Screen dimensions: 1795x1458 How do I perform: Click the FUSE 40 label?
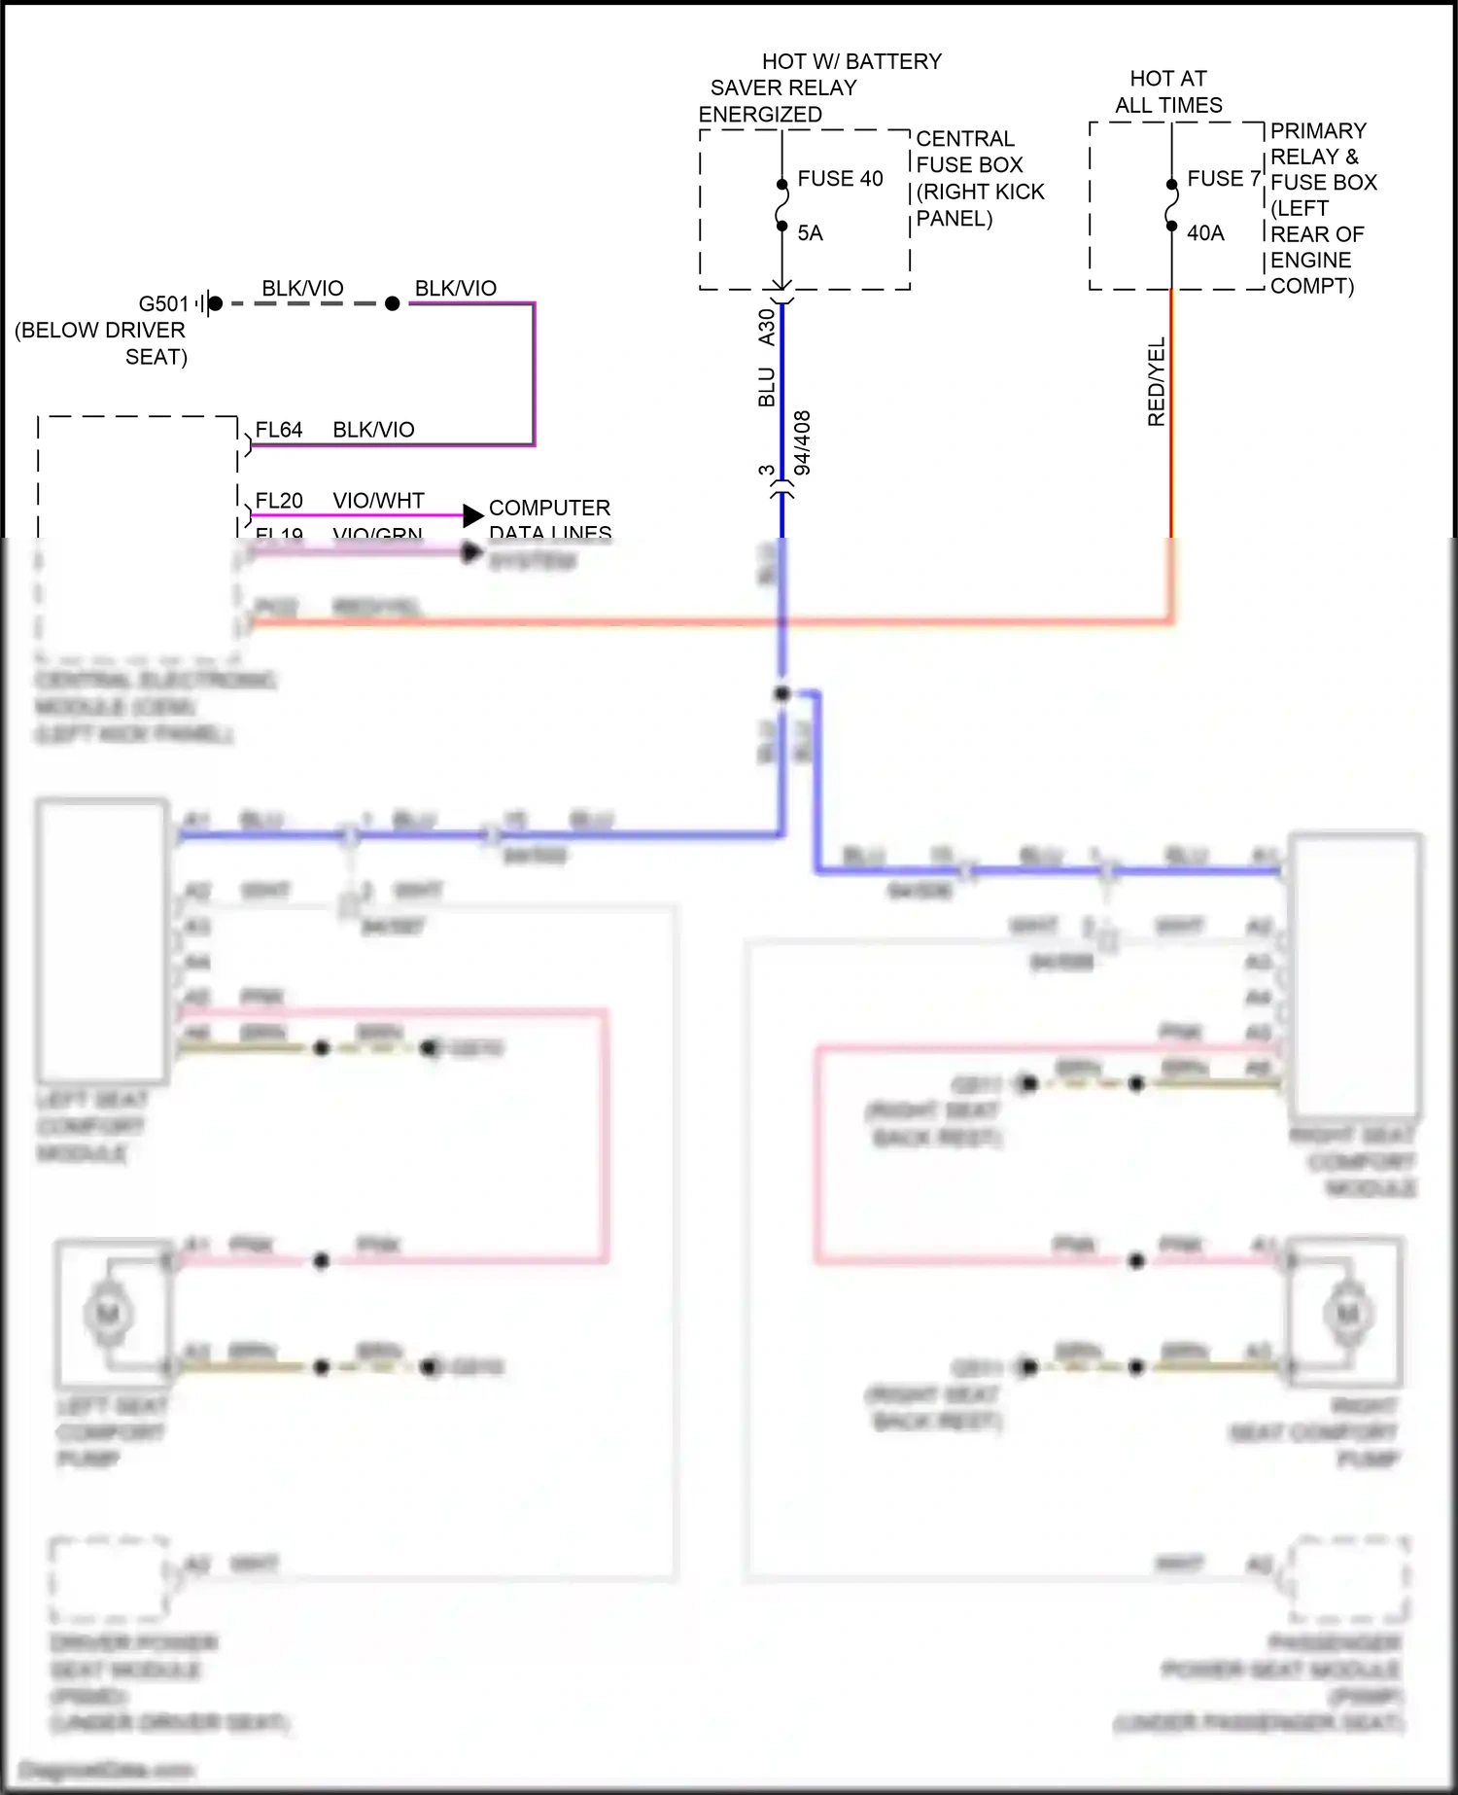coord(840,179)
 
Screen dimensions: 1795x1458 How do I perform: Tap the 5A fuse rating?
coord(810,233)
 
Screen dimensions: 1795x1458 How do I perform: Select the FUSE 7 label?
coord(1223,179)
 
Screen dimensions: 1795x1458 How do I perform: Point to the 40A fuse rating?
coord(1205,233)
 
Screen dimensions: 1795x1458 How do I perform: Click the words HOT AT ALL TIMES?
coord(1168,91)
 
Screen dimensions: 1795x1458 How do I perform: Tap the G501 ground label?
coord(163,303)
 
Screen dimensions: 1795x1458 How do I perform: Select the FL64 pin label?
coord(279,430)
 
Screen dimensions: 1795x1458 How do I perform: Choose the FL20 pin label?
coord(279,501)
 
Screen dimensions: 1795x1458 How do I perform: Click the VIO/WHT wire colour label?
coord(378,501)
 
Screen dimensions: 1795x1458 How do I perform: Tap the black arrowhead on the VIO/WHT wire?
coord(473,515)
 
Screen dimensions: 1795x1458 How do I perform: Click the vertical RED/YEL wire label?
coord(1157,381)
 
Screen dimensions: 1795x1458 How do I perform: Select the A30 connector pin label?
coord(767,328)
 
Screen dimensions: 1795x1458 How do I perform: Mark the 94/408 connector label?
coord(803,442)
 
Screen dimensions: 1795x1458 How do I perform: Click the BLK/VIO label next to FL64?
coord(373,430)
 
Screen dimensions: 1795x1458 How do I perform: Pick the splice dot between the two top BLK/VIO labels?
coord(393,303)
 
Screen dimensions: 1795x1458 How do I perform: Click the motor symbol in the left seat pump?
coord(108,1314)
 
